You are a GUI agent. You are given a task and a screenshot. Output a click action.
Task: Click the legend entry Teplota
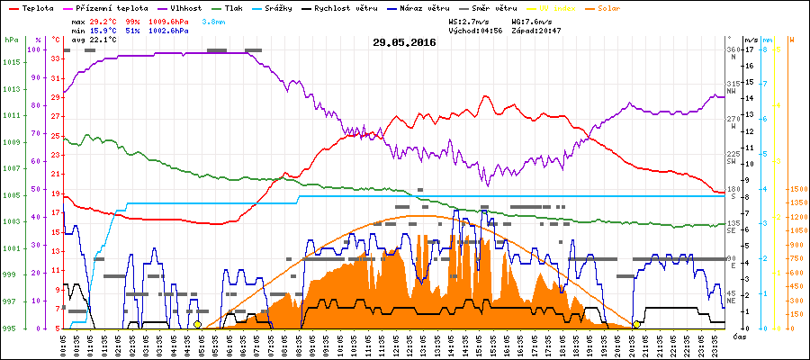[36, 7]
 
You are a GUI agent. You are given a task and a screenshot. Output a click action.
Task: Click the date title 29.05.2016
[404, 42]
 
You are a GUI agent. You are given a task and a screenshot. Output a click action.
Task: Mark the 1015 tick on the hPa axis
[12, 62]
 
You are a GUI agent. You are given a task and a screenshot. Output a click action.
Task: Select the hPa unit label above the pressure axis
[11, 40]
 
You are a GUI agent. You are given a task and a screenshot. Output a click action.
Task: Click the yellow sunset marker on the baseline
[636, 324]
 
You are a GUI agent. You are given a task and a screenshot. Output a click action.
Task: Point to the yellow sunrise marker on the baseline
[197, 324]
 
